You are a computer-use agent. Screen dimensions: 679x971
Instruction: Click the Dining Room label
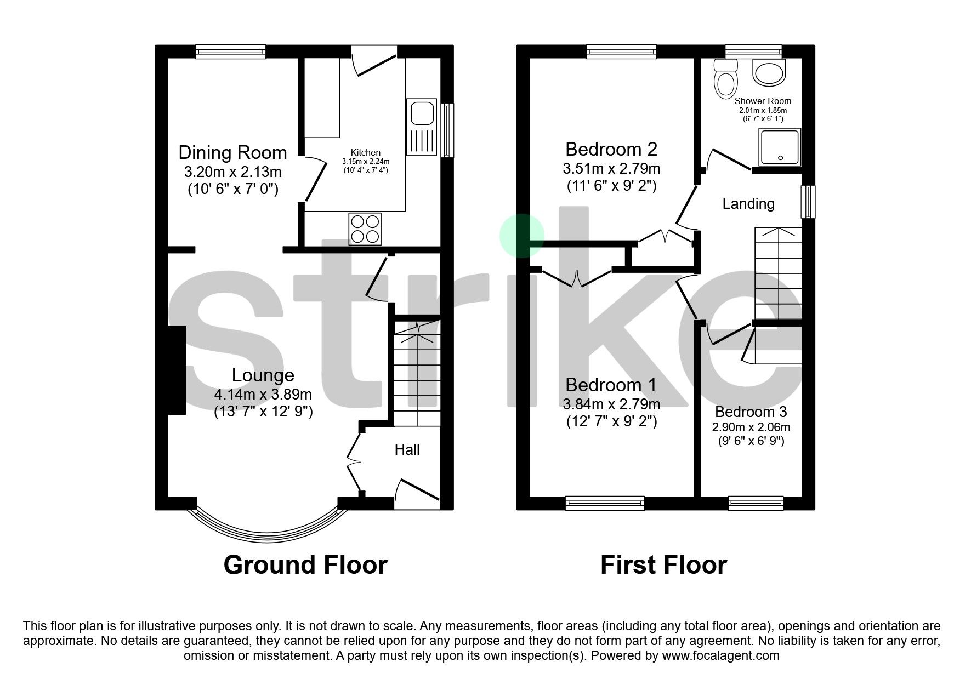tap(232, 152)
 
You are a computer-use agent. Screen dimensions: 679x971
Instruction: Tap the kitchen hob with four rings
tap(365, 229)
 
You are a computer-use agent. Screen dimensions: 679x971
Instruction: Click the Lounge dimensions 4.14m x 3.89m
tap(263, 395)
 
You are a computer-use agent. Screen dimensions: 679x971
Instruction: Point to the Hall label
tap(407, 450)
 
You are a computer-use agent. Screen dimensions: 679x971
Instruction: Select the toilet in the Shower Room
tap(726, 80)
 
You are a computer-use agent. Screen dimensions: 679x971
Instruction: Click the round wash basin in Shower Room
tap(769, 72)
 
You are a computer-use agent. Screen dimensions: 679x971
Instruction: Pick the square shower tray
tap(780, 147)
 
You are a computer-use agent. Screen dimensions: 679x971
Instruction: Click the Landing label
tap(748, 204)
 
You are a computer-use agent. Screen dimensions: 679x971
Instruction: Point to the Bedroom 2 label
tap(611, 149)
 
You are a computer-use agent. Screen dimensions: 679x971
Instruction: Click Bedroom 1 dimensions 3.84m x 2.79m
tap(611, 404)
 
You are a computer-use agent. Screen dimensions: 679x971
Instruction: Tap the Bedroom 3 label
tap(751, 412)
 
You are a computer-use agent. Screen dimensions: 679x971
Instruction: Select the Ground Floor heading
tap(305, 565)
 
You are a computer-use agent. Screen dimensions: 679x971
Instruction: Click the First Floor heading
tap(663, 565)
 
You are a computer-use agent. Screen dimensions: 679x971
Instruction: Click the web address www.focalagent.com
tap(720, 655)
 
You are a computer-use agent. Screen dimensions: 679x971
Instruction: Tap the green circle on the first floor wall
tap(521, 236)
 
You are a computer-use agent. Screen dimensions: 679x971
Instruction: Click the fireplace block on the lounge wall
tap(177, 370)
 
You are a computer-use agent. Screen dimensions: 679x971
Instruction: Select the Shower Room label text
tap(763, 101)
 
